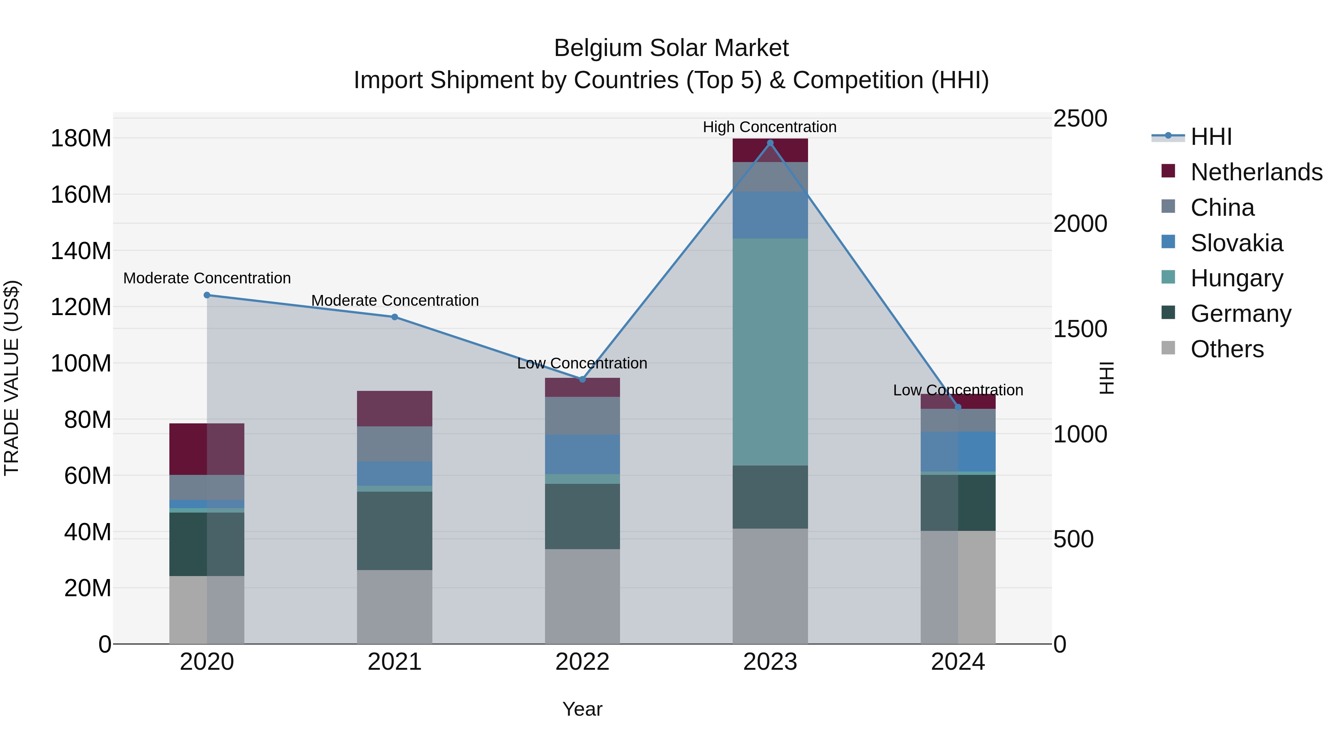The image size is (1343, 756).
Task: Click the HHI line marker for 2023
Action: (770, 143)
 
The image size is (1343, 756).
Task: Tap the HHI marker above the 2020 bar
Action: (207, 295)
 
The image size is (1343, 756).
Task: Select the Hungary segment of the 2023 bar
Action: (770, 352)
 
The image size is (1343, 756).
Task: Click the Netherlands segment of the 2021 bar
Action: (395, 408)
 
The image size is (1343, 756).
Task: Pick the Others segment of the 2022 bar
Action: (582, 596)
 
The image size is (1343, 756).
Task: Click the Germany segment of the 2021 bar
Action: (395, 531)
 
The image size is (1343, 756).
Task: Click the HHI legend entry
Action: (1211, 137)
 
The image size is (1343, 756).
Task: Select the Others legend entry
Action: (1227, 349)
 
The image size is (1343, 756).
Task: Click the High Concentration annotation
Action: (770, 127)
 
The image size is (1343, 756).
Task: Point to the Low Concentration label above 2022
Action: (582, 363)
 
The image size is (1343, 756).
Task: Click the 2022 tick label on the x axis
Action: (582, 662)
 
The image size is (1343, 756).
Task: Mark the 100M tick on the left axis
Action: (81, 363)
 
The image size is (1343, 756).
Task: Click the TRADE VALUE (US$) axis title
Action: (12, 378)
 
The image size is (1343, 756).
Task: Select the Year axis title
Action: (582, 709)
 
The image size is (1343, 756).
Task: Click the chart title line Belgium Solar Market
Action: (671, 48)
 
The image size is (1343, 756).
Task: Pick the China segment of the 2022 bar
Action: (582, 416)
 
